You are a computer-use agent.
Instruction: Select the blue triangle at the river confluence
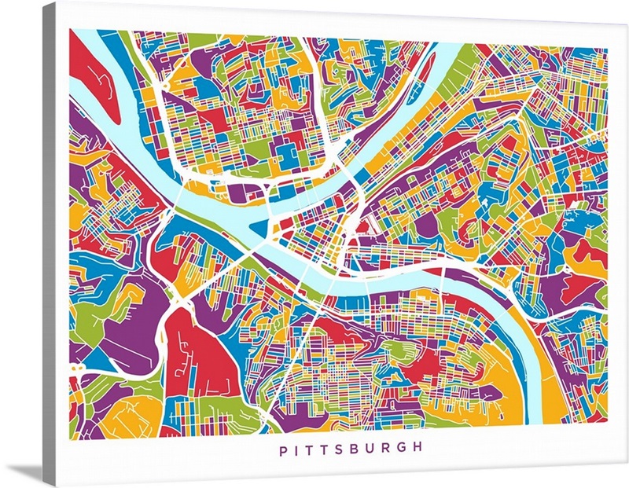pos(260,230)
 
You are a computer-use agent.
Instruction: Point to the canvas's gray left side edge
pos(49,236)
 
